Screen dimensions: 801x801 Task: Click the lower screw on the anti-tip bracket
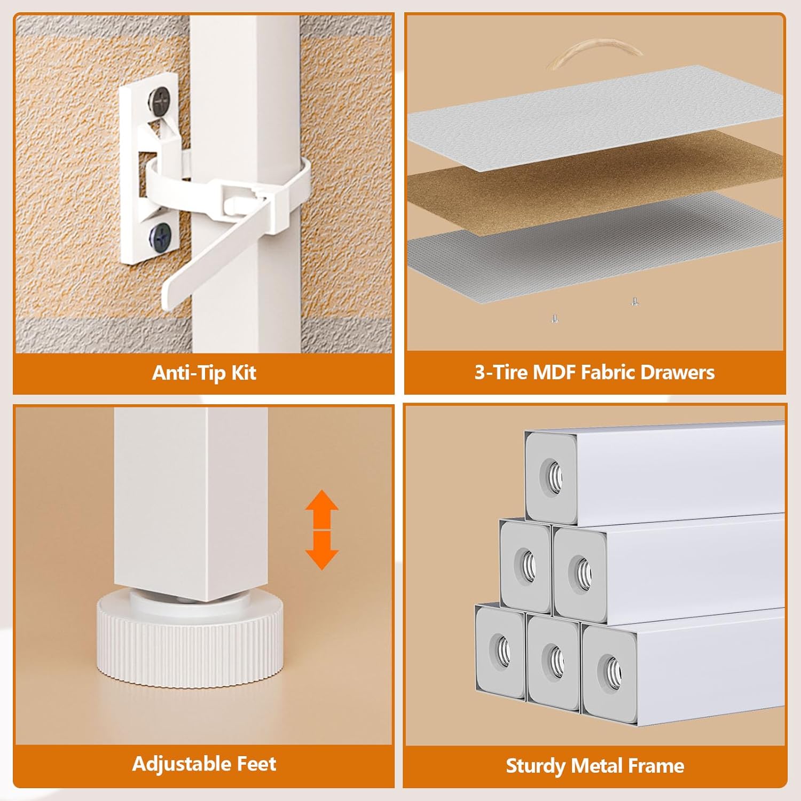tap(161, 234)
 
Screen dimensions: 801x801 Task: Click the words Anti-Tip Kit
tap(204, 372)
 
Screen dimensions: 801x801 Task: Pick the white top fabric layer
tap(594, 115)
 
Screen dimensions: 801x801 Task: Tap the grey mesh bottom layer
tap(594, 246)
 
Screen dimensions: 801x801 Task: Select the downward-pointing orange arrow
tap(322, 551)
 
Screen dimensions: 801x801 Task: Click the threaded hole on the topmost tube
tap(552, 473)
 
